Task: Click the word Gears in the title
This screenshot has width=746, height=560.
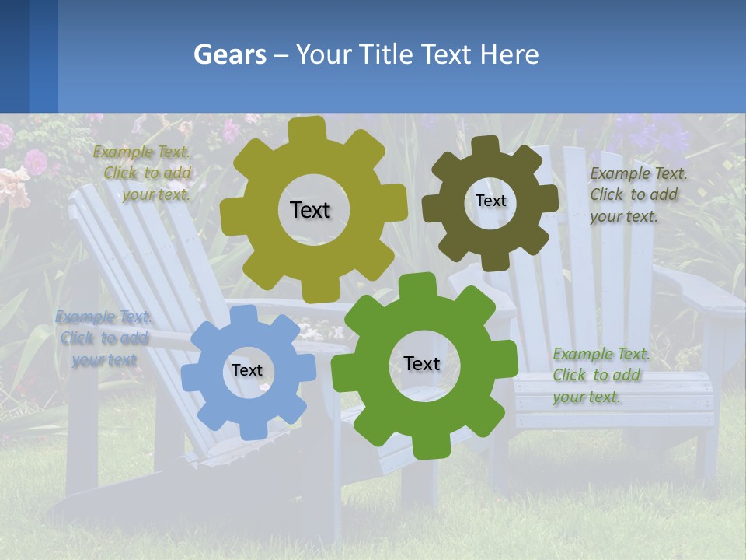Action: point(229,54)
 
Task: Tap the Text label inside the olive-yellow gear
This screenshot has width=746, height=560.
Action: point(310,210)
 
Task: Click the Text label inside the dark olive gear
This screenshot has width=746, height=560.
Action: point(490,201)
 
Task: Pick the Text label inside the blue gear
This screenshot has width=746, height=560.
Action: point(246,370)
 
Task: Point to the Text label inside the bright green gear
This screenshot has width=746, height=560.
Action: point(422,363)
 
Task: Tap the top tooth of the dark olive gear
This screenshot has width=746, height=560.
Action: point(486,146)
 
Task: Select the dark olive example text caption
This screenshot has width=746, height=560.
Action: point(637,194)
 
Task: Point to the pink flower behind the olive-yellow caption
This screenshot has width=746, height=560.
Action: point(36,161)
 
